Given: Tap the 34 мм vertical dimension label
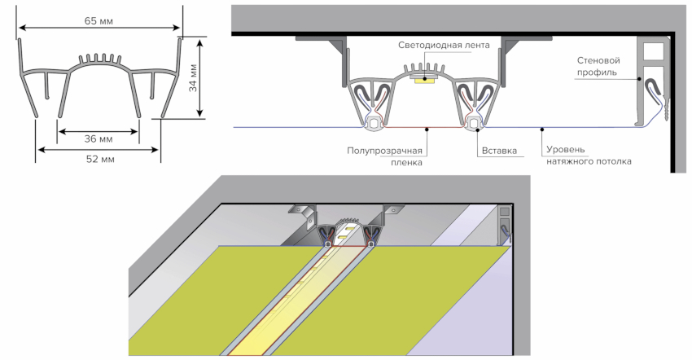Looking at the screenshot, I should (x=194, y=81).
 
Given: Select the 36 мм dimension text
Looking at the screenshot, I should (x=99, y=139).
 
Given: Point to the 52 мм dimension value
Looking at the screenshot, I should (x=99, y=159).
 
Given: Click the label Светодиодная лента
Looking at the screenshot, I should (x=445, y=46).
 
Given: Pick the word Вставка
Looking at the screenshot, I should (x=499, y=151).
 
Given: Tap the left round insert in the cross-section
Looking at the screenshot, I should (x=374, y=123).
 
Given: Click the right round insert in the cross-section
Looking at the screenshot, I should (x=474, y=123).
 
